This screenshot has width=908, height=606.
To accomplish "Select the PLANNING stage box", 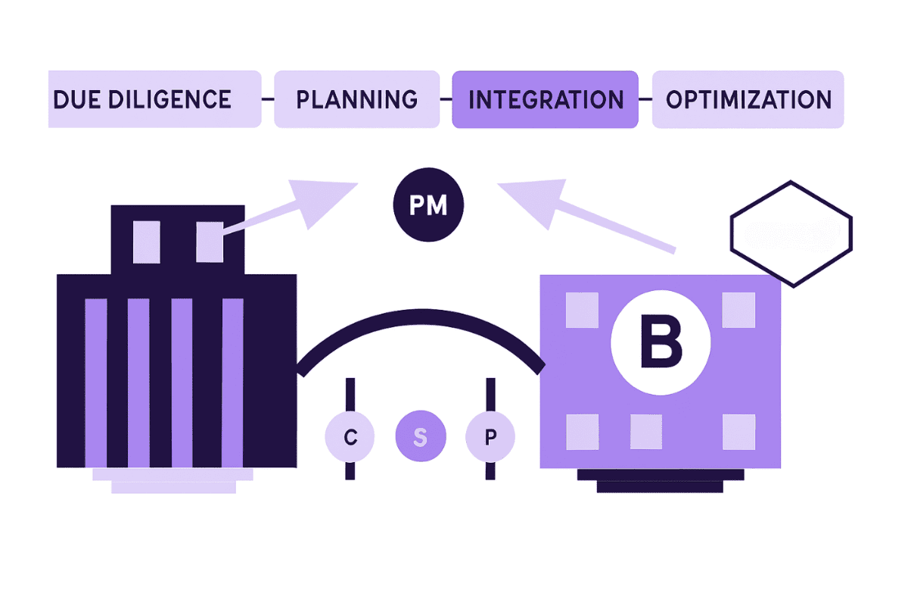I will click(356, 99).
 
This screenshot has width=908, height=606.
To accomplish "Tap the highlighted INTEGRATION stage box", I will click(545, 99).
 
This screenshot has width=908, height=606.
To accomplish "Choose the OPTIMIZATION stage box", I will click(748, 99).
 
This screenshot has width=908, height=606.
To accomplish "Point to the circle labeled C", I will click(350, 437).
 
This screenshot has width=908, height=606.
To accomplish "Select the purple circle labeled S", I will click(421, 437).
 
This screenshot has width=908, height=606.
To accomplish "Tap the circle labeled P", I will click(490, 437).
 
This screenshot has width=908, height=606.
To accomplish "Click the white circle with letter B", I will click(661, 342).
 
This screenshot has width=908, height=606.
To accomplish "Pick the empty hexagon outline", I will click(791, 233).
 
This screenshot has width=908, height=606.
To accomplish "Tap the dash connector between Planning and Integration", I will click(446, 99).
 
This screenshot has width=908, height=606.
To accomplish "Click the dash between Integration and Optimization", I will click(645, 99).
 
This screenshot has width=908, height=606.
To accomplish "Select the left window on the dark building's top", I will click(146, 242).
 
